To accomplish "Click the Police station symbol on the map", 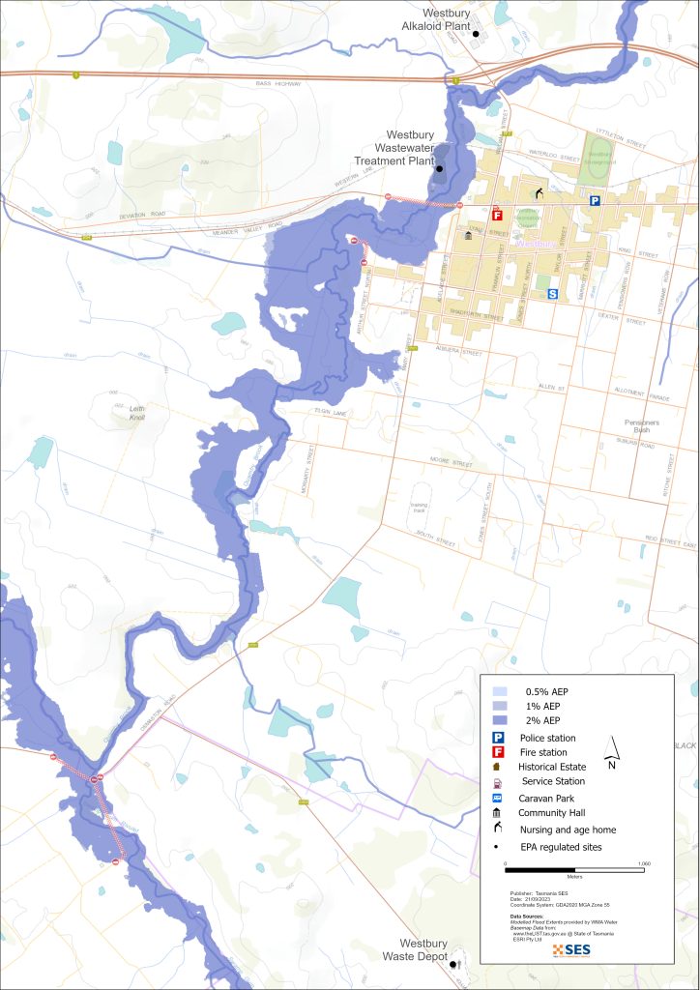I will point(596,201).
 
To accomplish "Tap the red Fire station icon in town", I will point(497,216).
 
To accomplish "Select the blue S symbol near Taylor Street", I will point(553,294).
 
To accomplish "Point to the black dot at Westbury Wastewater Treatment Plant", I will point(439,169).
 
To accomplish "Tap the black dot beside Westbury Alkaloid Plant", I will point(475,34).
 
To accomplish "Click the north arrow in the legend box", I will point(610,748).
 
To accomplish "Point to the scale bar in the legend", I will point(575,870).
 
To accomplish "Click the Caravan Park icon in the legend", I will point(497,799).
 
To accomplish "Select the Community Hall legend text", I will point(553,813).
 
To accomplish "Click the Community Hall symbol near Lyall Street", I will point(469,235).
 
